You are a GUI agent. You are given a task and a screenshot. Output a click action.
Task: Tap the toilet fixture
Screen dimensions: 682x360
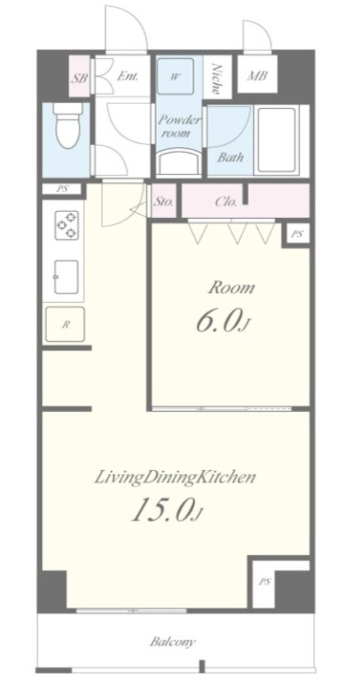click(67, 126)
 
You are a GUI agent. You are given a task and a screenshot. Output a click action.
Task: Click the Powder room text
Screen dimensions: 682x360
click(179, 126)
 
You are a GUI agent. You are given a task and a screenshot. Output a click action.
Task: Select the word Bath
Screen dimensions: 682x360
click(230, 157)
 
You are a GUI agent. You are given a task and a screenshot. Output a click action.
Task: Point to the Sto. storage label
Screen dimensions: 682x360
click(164, 202)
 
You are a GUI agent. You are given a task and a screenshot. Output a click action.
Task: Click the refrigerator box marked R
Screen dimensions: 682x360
click(65, 324)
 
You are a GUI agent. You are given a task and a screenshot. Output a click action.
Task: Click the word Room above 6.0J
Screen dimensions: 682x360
click(231, 288)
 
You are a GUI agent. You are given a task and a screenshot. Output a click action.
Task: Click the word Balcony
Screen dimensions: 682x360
click(173, 641)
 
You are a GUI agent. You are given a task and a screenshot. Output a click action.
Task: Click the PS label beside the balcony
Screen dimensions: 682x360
click(264, 582)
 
